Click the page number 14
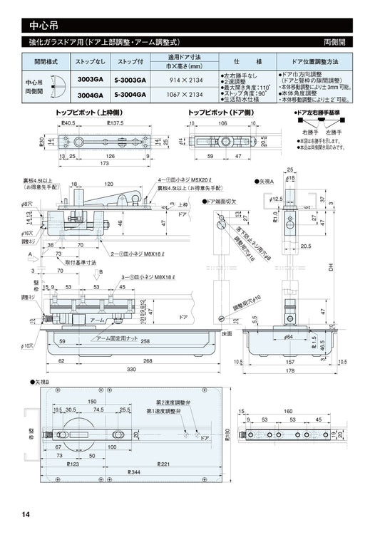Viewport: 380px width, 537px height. (x=26, y=515)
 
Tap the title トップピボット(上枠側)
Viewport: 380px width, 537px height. (x=87, y=113)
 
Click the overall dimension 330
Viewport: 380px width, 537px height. (x=131, y=370)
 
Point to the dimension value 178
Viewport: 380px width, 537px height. (x=289, y=370)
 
